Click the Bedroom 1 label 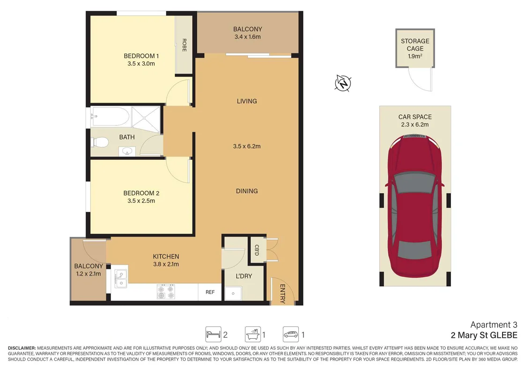click(141, 56)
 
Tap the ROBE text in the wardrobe click(184, 45)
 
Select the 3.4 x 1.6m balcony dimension click(247, 37)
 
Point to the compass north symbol click(343, 83)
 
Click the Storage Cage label click(415, 45)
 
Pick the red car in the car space click(415, 206)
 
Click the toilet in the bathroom click(99, 142)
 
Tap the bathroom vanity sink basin click(127, 152)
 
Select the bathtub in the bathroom click(110, 116)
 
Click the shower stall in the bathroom click(146, 117)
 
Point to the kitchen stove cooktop click(166, 292)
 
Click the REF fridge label click(210, 292)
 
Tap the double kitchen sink click(120, 279)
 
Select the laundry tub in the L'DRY click(233, 293)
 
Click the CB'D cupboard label click(257, 250)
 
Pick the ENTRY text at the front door click(282, 294)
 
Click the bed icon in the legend click(213, 334)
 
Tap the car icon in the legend click(291, 334)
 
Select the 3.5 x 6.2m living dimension click(247, 146)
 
